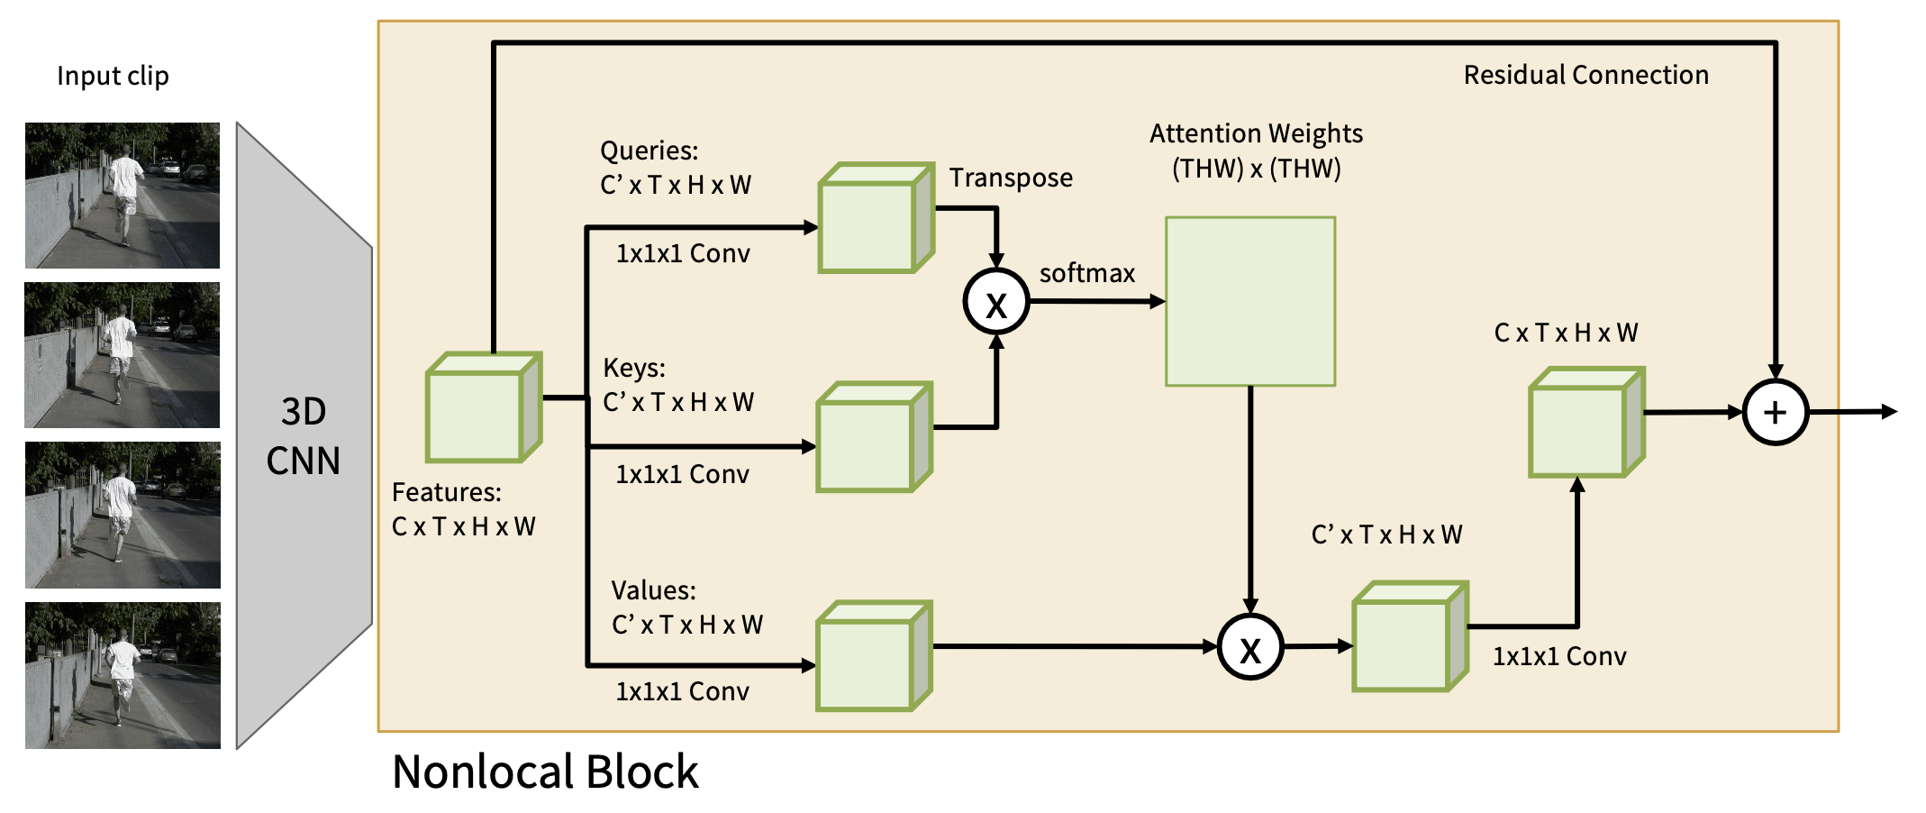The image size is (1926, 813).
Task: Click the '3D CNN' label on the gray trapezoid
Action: (304, 436)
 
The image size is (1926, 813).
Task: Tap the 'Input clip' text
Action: (113, 76)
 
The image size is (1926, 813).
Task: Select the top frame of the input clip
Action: (123, 196)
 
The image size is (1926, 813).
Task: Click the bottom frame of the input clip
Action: (123, 675)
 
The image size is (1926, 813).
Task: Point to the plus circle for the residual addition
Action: (1775, 413)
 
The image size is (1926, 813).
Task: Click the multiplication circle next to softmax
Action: (996, 302)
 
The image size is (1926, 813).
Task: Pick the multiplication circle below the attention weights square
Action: (1250, 647)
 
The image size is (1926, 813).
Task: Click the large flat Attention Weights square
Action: (1250, 301)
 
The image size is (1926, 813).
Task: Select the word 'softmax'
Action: (1087, 273)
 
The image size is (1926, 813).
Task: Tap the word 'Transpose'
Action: (1011, 178)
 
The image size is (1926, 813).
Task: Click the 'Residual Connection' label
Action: (1585, 75)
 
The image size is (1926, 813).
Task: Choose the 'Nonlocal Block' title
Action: (545, 772)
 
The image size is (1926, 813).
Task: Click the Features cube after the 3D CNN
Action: (483, 408)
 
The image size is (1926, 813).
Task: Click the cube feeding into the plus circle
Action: (1586, 422)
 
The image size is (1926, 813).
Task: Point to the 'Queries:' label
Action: (650, 151)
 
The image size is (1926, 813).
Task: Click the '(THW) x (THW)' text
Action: (1256, 169)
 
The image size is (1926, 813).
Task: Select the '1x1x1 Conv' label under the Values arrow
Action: (682, 691)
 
